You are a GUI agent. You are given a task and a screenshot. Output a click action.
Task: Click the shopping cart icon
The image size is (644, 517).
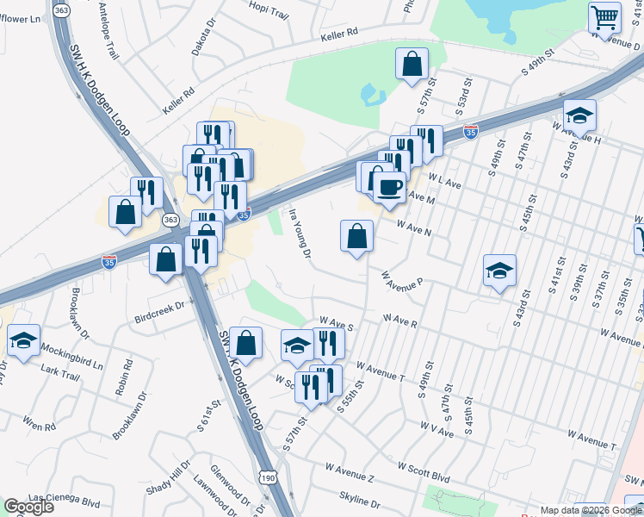[x=605, y=16]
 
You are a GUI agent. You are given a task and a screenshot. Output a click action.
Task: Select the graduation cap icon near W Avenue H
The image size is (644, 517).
[x=580, y=115]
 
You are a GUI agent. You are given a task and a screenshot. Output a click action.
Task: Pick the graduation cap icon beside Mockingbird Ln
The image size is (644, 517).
[x=24, y=339]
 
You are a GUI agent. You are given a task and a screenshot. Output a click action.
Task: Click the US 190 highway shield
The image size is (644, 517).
[x=267, y=477]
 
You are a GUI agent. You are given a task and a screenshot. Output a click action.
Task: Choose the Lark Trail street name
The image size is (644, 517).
[x=60, y=373]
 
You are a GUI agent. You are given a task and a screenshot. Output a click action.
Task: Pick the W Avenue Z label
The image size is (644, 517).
[x=350, y=470]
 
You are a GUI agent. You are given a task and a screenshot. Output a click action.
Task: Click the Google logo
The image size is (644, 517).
[x=29, y=506]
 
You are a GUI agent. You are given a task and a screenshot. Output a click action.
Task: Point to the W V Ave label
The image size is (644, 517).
[x=437, y=428]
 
